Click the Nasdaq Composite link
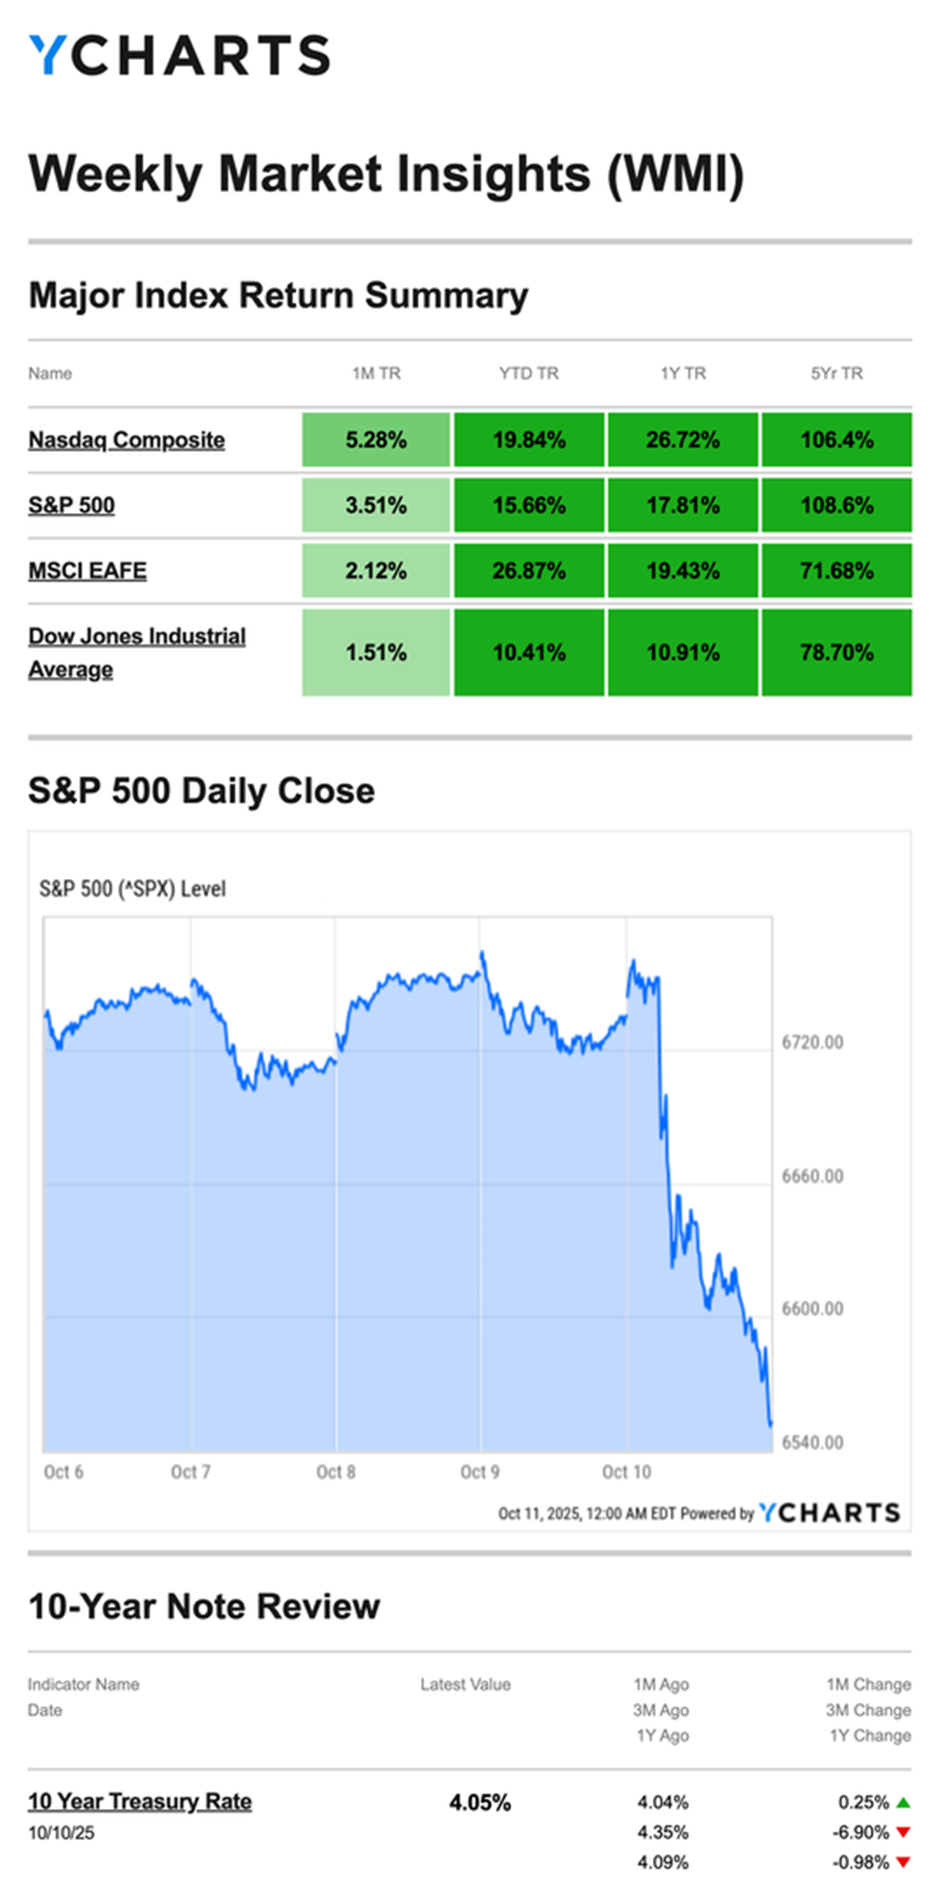point(126,440)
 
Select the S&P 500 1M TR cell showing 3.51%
point(376,505)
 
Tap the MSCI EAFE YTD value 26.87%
point(529,570)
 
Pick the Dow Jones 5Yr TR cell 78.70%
point(836,652)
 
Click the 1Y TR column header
point(683,373)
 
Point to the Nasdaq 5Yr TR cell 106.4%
point(836,440)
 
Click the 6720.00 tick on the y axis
point(812,1042)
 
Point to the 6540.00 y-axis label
point(812,1442)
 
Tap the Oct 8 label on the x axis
point(335,1472)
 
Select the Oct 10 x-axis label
point(626,1472)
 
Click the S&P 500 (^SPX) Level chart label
point(132,888)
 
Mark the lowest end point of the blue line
point(770,1423)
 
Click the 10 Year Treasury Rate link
point(140,1801)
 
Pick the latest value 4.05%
point(479,1802)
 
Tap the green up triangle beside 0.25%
point(903,1802)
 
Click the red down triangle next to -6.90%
point(903,1832)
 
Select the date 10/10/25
point(61,1833)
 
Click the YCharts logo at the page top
point(179,55)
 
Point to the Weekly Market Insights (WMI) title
point(386,174)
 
